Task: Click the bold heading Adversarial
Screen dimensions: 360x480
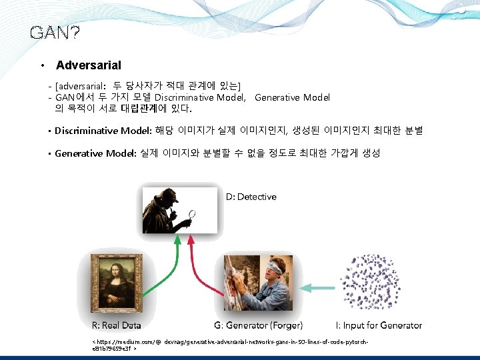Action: click(x=89, y=65)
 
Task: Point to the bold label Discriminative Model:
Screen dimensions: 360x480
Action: click(x=103, y=131)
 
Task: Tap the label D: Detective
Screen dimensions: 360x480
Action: click(x=251, y=197)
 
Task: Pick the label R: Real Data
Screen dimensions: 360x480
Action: click(x=116, y=325)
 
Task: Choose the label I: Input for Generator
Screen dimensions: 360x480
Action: click(x=379, y=325)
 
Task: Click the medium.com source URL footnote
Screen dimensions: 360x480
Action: click(x=230, y=344)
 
